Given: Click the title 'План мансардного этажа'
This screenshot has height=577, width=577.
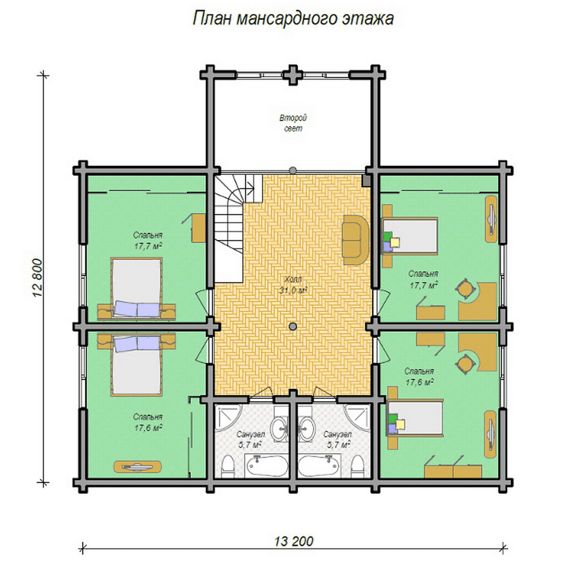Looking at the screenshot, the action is pyautogui.click(x=293, y=19).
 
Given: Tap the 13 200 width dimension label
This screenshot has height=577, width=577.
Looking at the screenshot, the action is pyautogui.click(x=294, y=541).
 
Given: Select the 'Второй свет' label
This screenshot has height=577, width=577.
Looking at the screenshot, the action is pyautogui.click(x=293, y=123).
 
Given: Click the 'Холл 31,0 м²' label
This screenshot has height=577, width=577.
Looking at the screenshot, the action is pyautogui.click(x=293, y=285).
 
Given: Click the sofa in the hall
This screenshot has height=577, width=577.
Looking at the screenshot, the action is pyautogui.click(x=356, y=239).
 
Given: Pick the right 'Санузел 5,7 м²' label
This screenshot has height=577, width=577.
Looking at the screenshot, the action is pyautogui.click(x=337, y=439).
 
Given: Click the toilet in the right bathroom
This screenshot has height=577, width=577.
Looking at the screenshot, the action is pyautogui.click(x=357, y=467).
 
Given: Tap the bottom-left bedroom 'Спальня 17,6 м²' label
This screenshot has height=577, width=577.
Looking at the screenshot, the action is pyautogui.click(x=148, y=422).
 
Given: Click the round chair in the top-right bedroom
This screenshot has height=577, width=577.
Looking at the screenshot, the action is pyautogui.click(x=465, y=288).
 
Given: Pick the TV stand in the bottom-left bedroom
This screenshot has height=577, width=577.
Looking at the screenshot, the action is pyautogui.click(x=138, y=466).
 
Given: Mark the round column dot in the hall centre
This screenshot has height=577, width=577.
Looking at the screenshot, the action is pyautogui.click(x=293, y=326).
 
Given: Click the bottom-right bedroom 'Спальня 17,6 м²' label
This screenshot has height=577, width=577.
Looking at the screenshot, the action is pyautogui.click(x=419, y=376).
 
